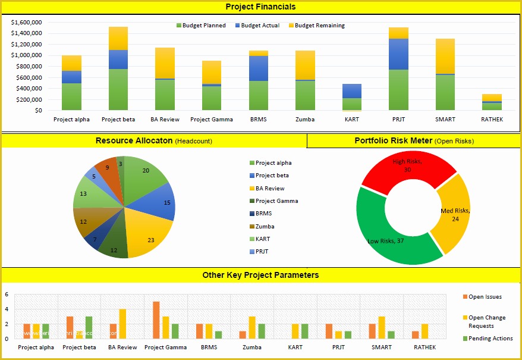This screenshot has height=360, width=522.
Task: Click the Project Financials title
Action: [260, 7]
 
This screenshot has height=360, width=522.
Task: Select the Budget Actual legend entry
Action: [257, 26]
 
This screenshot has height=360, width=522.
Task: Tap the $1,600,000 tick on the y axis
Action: [26, 22]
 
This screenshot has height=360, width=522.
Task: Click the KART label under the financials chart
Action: [351, 119]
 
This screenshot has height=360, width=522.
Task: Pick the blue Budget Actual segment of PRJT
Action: [399, 54]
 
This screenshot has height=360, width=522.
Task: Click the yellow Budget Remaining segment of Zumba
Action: [305, 65]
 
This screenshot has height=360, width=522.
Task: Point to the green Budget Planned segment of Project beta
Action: [118, 89]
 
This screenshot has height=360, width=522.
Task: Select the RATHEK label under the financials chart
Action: [491, 119]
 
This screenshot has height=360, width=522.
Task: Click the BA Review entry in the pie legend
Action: [269, 188]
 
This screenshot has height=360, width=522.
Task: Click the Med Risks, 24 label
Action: [455, 215]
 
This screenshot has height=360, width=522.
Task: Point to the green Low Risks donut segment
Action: [381, 241]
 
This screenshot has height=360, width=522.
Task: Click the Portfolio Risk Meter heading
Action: [392, 141]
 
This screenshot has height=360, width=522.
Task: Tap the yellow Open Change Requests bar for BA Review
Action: [122, 324]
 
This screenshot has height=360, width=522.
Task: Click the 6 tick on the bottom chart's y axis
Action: [7, 295]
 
